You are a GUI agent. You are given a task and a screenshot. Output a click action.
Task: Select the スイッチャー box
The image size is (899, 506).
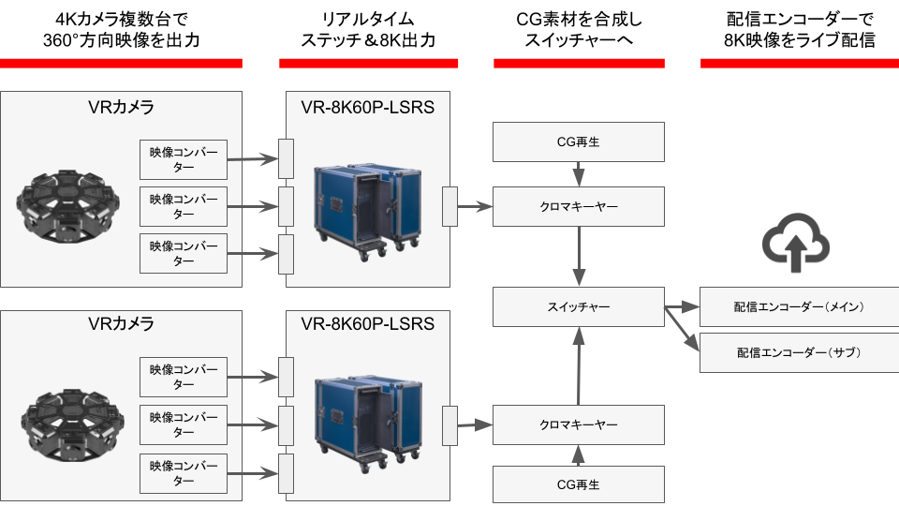pos(579,306)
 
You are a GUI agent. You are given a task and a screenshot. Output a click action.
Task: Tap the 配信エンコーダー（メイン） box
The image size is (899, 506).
pos(799,306)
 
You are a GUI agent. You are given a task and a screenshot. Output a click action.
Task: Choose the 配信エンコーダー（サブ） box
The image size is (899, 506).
pos(799,352)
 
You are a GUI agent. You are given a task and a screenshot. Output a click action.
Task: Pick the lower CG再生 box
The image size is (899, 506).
pos(579,484)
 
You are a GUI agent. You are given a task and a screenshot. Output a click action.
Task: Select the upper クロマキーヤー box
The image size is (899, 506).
pos(579,205)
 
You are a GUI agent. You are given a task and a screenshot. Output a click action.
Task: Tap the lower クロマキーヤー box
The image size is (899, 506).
pos(579,424)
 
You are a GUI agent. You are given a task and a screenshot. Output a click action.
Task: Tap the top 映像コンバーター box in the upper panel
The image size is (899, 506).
pos(184,159)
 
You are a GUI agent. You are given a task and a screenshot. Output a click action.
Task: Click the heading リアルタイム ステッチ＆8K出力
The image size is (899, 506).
pos(368,30)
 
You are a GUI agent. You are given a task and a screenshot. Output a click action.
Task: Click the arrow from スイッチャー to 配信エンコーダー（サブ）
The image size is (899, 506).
pos(683,329)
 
